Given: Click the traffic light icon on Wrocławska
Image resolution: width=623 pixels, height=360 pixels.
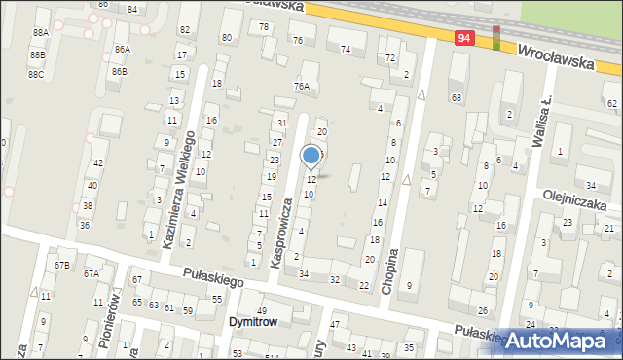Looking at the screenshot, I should coord(496,37).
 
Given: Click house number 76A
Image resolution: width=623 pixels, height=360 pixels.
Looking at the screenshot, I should coord(303,87).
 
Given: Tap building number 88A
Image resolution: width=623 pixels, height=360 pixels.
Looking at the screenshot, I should coord(40,32).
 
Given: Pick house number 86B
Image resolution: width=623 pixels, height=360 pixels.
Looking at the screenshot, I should coord(119,71).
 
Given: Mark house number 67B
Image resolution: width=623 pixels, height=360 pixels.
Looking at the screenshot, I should coord(62,265).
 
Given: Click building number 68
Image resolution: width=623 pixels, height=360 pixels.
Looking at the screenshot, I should coord(456,97).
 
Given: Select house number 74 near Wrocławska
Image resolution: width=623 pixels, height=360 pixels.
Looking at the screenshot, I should coord(346,49).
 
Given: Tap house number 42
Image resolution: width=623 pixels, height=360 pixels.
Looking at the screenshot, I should coord(98,163).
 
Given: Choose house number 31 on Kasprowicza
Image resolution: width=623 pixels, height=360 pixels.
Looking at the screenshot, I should coord(281,123).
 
